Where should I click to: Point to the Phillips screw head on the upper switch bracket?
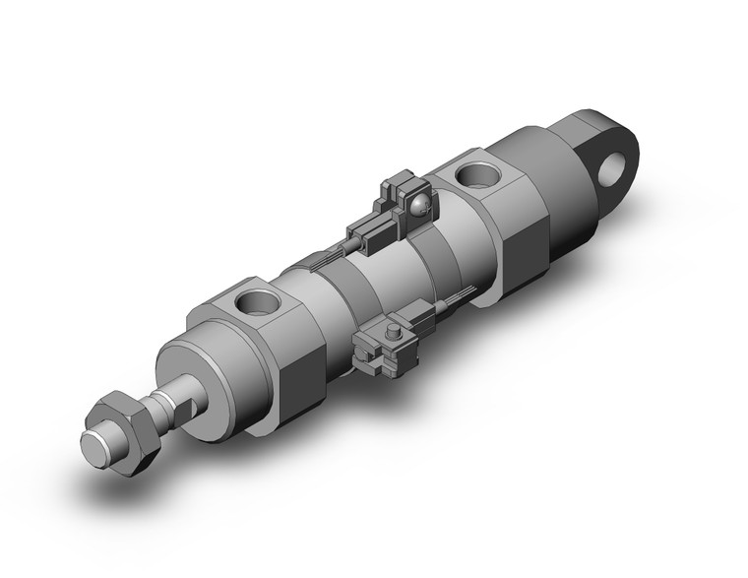[421, 204]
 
